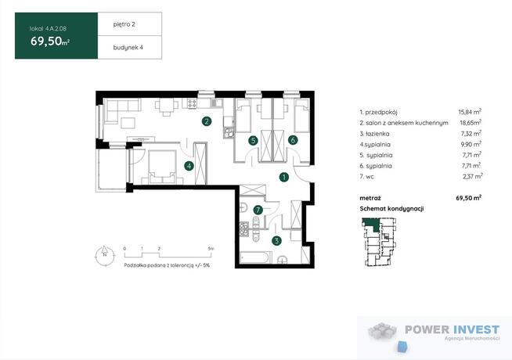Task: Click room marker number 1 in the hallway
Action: (284, 177)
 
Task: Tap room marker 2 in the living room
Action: (207, 122)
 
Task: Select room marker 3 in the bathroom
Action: (276, 241)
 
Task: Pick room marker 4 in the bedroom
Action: (189, 166)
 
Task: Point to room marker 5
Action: (253, 141)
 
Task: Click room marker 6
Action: (293, 140)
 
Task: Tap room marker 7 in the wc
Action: (258, 210)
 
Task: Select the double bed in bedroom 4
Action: (162, 167)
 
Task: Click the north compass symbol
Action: (104, 255)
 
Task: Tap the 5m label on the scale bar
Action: (211, 249)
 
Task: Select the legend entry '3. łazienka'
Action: (374, 134)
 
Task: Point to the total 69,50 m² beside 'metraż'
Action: (469, 197)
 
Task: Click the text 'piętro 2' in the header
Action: (124, 24)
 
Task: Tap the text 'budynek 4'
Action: (128, 47)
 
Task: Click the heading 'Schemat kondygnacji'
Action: (392, 208)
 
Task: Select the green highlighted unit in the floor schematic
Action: (372, 224)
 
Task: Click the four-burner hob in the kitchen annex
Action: (192, 104)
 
